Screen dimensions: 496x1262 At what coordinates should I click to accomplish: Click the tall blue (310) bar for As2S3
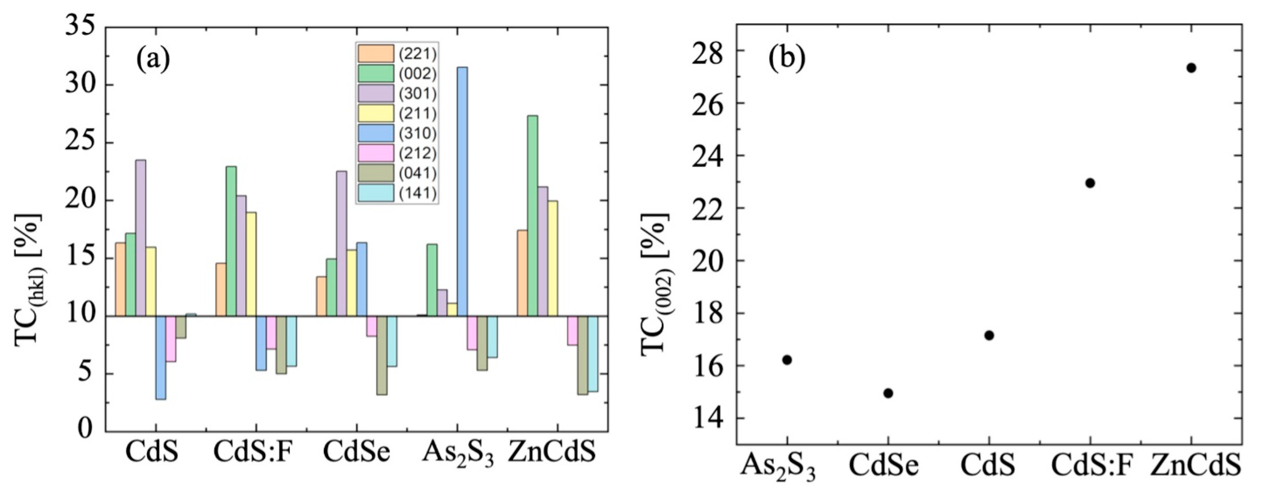point(462,191)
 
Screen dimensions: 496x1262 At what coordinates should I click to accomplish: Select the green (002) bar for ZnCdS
point(533,216)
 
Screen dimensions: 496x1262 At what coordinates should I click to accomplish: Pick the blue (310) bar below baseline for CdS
point(161,357)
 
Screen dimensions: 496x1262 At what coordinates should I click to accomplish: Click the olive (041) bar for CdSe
point(382,355)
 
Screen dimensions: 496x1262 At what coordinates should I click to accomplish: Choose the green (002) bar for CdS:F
point(231,241)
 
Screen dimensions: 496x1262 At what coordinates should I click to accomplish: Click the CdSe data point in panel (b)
point(888,393)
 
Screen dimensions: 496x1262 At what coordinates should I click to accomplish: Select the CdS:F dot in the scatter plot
point(1090,183)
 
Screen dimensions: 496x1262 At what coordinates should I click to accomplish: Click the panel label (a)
point(153,60)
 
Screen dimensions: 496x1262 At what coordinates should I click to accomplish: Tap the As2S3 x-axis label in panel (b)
point(778,467)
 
